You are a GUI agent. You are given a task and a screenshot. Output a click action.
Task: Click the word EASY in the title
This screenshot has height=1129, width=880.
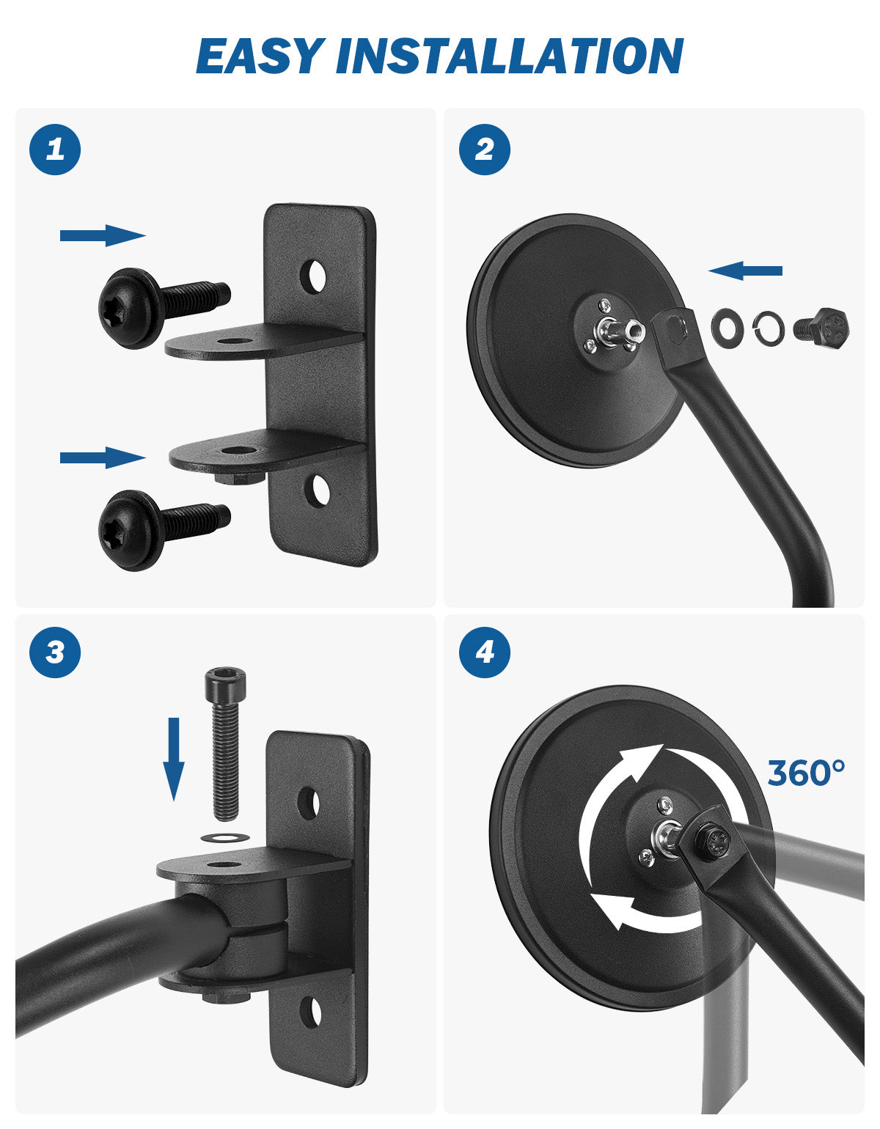tap(257, 56)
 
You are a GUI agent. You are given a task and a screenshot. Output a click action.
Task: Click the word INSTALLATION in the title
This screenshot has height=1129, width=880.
tap(510, 56)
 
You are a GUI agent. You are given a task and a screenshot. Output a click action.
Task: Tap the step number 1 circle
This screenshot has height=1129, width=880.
tap(55, 150)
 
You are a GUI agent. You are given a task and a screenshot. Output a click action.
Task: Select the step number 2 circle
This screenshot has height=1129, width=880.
tap(484, 150)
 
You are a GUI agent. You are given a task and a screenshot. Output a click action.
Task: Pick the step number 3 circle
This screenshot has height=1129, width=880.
tap(55, 652)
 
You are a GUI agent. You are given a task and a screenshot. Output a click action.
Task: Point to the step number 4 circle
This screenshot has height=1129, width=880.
tap(484, 652)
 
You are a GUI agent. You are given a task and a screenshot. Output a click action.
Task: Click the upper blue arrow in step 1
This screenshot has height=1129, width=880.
tap(103, 235)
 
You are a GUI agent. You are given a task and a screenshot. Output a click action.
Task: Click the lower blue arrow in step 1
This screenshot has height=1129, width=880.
tap(103, 457)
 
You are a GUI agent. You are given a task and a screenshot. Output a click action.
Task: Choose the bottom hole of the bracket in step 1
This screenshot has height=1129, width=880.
tap(317, 491)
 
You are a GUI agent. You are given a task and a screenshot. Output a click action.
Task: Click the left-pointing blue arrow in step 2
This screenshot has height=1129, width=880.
tap(746, 271)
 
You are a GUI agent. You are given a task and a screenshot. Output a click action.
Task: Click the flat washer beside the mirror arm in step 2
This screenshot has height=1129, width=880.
tap(727, 326)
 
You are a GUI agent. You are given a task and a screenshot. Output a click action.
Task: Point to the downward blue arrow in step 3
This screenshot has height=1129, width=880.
tap(174, 759)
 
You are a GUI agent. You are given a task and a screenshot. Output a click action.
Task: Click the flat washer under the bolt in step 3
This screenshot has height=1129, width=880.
tap(224, 837)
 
